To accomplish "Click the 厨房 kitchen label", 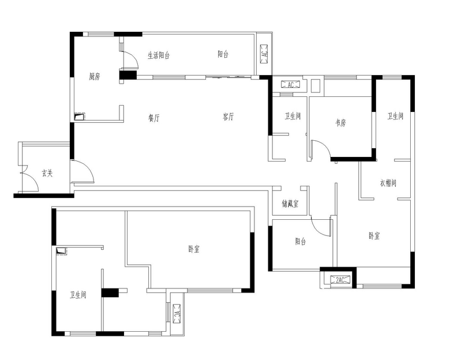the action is coord(95,77).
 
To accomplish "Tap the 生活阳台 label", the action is coord(159,55).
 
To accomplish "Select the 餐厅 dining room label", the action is coord(154,118).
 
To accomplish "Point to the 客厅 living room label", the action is coord(228,117).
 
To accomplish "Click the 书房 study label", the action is coord(340,123).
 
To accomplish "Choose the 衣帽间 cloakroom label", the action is coord(388,183).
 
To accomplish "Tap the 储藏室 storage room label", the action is coord(290,204).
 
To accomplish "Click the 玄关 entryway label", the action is coord(47,173).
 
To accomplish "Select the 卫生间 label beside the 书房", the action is coord(292,116).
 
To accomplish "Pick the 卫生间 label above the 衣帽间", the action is coord(395,116).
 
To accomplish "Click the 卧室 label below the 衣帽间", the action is coord(374,236).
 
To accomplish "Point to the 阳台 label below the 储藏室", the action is coord(301,241).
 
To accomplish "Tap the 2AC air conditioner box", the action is coord(340,280).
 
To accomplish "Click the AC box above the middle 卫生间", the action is coord(290,85).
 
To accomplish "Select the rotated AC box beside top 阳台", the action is coord(264,54).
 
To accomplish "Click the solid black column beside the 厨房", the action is coord(128,75).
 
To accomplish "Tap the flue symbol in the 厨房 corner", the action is coord(80,117).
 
